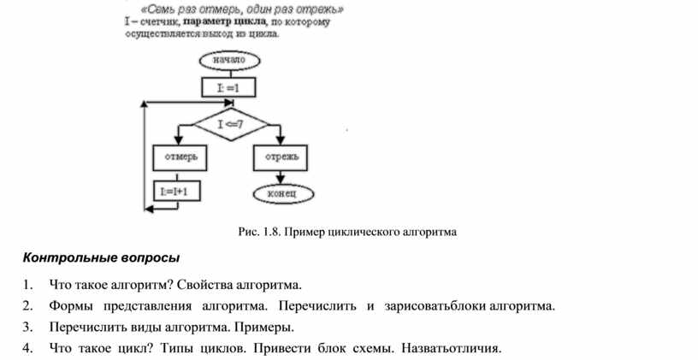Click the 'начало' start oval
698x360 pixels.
point(230,60)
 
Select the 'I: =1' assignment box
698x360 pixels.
point(230,87)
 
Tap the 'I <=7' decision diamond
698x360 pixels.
point(230,124)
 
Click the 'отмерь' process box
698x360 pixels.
point(176,156)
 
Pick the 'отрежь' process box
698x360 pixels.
point(281,156)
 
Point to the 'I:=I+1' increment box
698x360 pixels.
point(176,192)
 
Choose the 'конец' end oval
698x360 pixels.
point(281,194)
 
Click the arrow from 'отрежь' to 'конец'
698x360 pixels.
point(281,175)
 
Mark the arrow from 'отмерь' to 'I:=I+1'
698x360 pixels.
point(176,174)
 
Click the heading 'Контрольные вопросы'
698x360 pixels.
point(102,257)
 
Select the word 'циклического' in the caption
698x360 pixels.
point(376,231)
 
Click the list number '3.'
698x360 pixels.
point(29,327)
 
